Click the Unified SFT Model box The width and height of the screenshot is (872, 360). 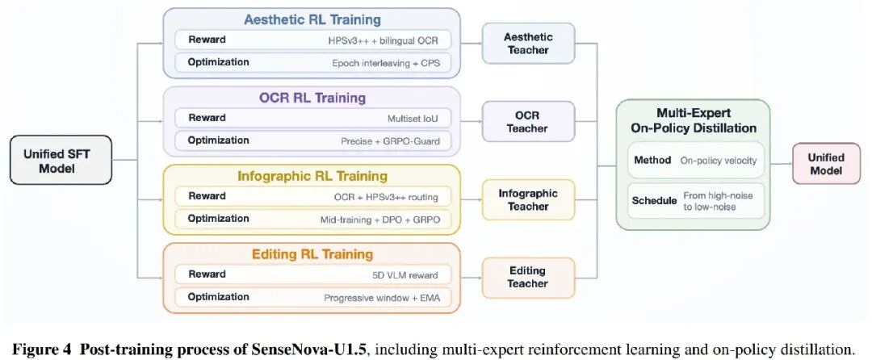(x=61, y=160)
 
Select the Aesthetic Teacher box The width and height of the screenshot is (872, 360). (x=528, y=44)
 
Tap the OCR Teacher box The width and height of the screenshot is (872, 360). (x=528, y=122)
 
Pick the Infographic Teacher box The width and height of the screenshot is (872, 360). (x=528, y=200)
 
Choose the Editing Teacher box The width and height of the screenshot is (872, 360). (x=528, y=278)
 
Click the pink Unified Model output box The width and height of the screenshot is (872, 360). (x=826, y=164)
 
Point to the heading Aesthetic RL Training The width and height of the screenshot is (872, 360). (x=312, y=20)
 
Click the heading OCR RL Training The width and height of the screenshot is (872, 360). (x=312, y=98)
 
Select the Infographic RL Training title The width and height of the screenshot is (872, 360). (x=312, y=177)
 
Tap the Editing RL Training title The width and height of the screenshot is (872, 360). (x=312, y=254)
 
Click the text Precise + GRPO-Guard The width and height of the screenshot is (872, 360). (x=391, y=141)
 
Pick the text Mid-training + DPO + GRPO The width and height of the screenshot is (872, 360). (x=379, y=220)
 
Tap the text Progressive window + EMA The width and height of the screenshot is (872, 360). (x=382, y=299)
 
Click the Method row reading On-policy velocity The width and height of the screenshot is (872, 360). (x=696, y=160)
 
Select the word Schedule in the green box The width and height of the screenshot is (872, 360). (x=654, y=200)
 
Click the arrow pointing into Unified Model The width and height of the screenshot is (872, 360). (x=781, y=164)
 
